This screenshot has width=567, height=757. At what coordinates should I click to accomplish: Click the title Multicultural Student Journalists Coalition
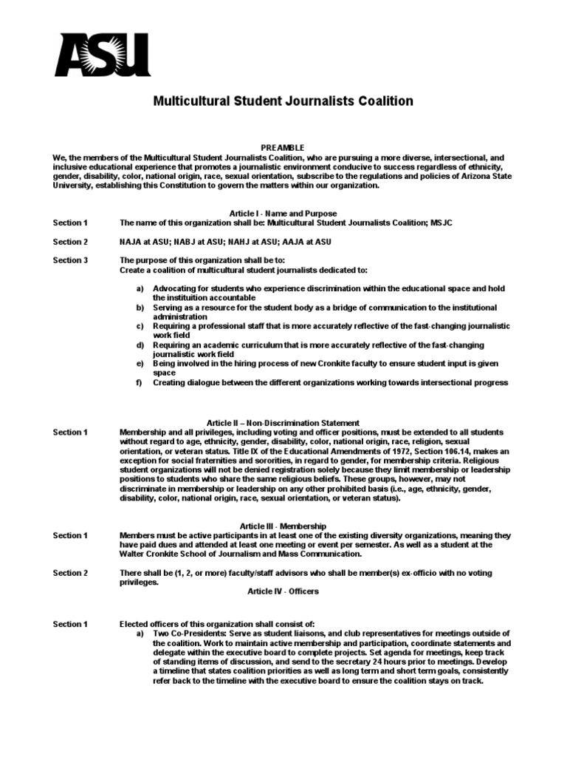tap(283, 101)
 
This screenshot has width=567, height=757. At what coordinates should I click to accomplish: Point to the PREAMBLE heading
tap(283, 148)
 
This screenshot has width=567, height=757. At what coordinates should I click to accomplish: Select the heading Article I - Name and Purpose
tap(283, 213)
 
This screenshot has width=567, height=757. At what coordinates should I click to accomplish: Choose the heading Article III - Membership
tap(283, 526)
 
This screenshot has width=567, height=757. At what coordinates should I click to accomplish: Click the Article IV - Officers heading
tap(283, 591)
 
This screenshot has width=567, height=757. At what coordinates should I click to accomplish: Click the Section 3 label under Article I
tap(70, 260)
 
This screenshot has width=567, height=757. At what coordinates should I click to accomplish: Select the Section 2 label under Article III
tap(70, 573)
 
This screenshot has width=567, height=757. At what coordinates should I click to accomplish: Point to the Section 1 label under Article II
tap(70, 432)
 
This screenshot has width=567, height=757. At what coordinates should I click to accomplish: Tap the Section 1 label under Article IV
tap(70, 625)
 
